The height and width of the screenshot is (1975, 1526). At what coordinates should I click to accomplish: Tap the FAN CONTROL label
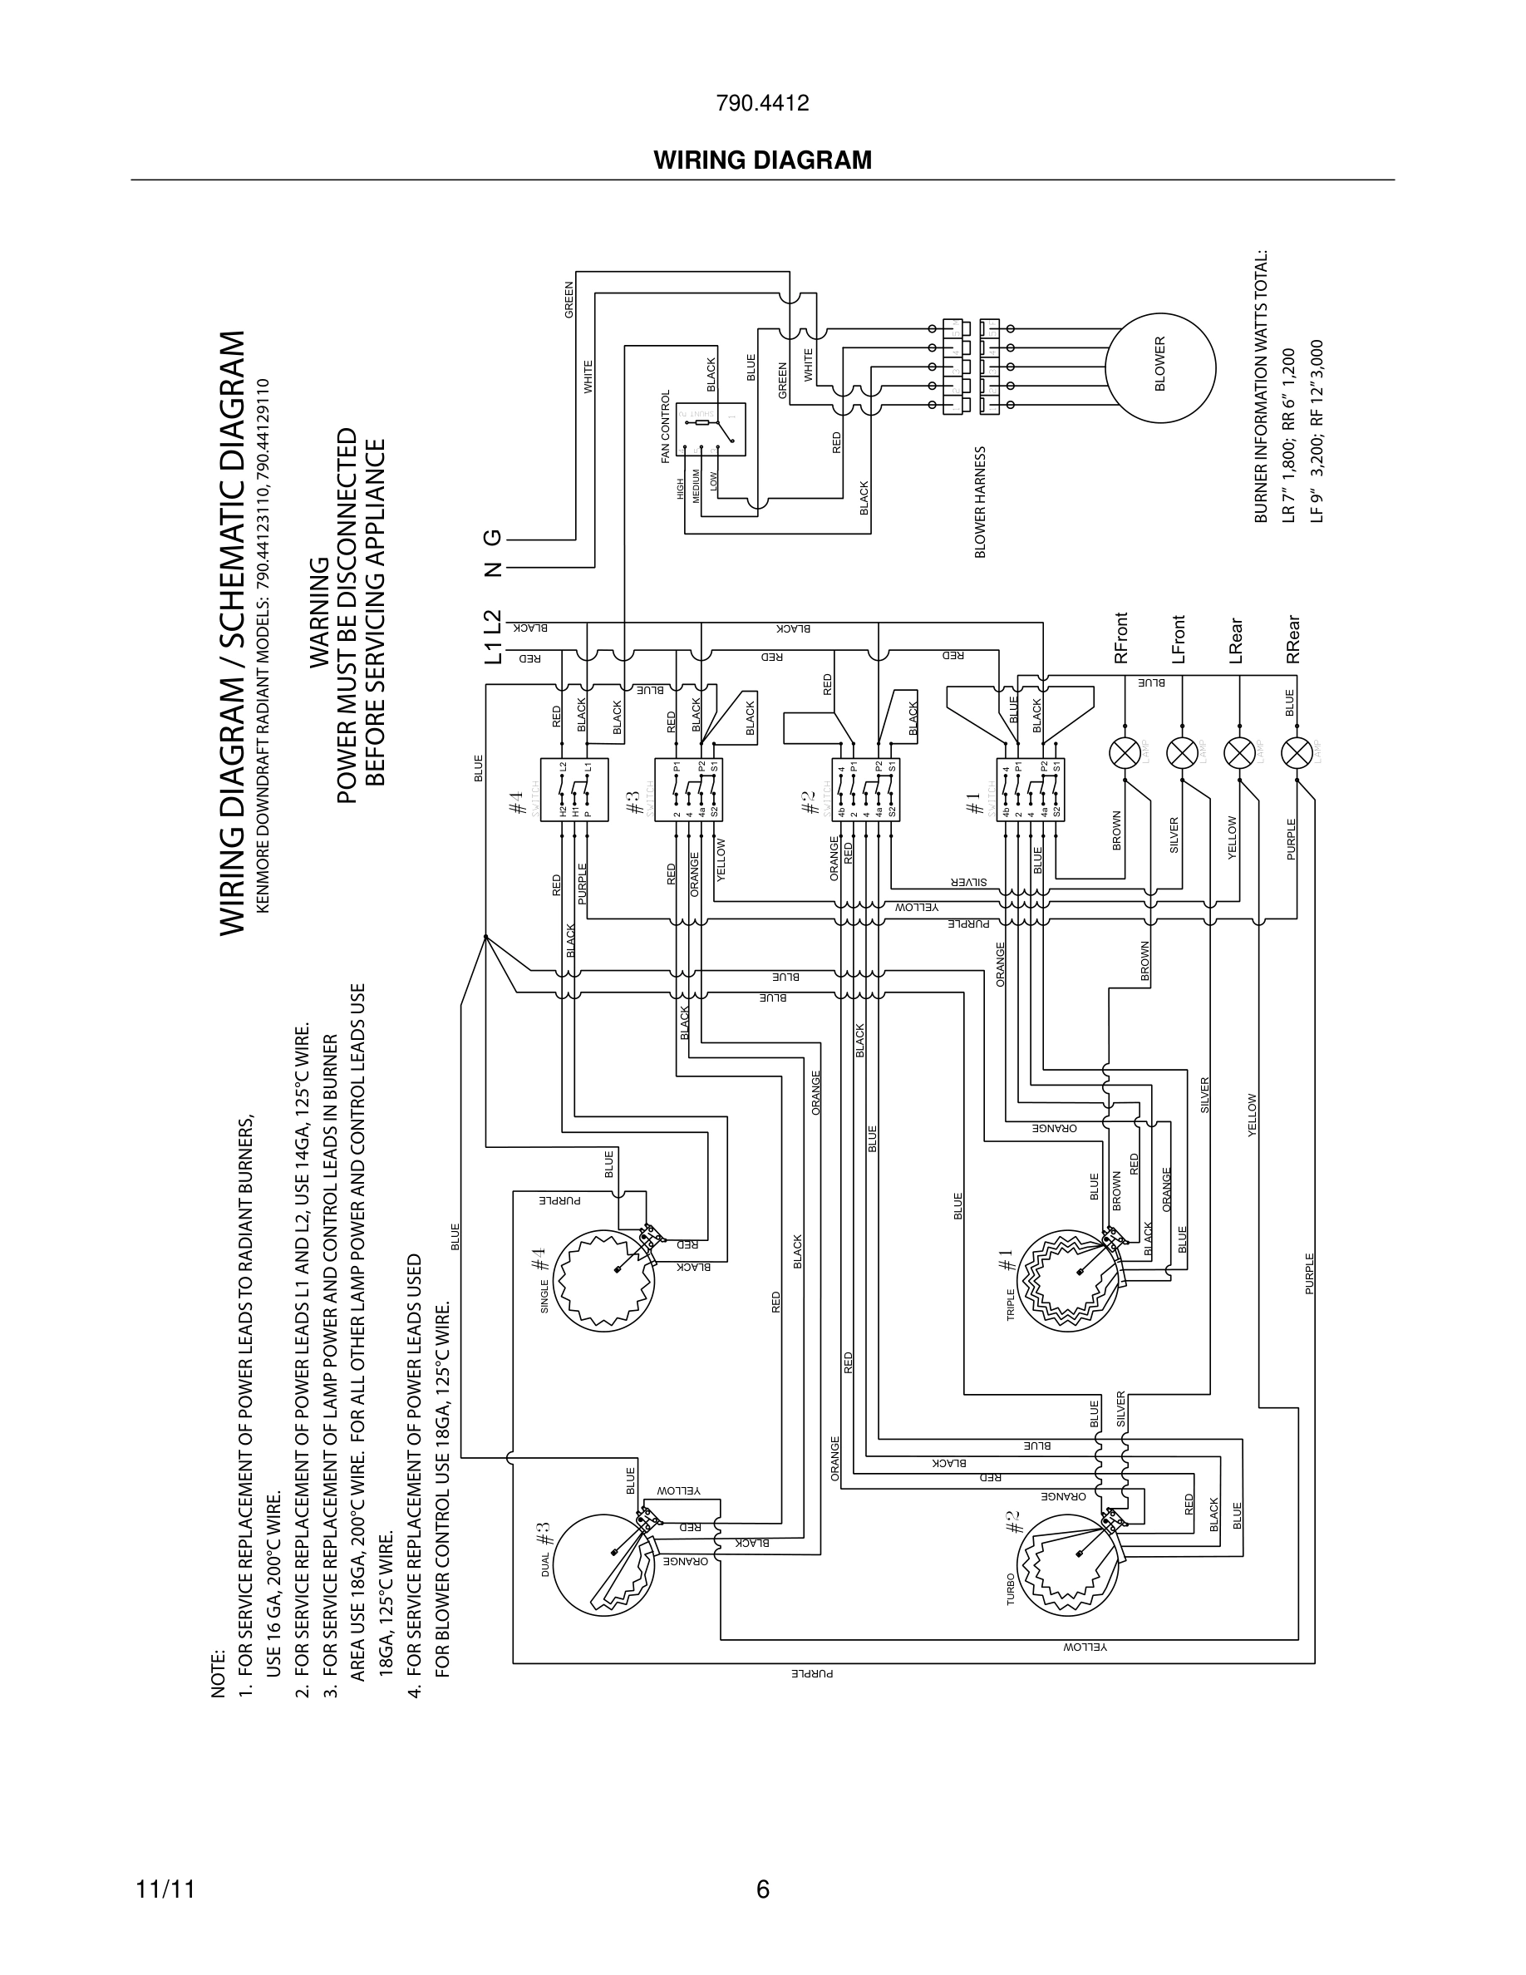(x=667, y=426)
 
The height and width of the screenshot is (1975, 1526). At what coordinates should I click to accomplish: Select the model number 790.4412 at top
(x=762, y=104)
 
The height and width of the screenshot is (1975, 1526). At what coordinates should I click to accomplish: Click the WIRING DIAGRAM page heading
(x=762, y=160)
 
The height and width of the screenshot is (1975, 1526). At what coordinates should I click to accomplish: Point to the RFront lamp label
(x=1122, y=638)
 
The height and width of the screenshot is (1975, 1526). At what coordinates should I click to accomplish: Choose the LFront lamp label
(x=1179, y=639)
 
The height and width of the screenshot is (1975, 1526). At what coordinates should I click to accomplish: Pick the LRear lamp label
(x=1236, y=641)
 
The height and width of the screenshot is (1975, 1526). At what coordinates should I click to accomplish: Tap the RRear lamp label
(x=1292, y=640)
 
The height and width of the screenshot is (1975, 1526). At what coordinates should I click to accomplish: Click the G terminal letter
(x=493, y=539)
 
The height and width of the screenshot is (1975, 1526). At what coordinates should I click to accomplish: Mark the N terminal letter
(x=493, y=569)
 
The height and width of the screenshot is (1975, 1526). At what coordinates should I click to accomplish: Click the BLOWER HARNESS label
(x=981, y=502)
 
